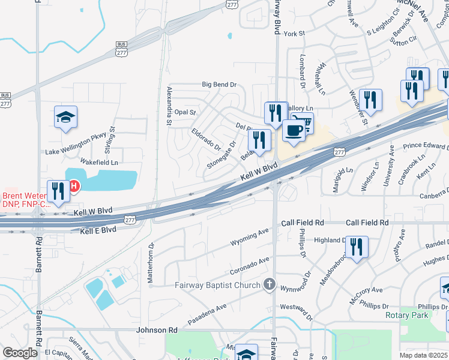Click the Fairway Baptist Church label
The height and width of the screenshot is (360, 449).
point(218,285)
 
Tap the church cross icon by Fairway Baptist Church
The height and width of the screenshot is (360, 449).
point(270,284)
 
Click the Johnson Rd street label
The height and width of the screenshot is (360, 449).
point(157,330)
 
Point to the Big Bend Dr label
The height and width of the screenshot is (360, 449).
point(219,85)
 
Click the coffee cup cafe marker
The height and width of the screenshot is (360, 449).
point(293,130)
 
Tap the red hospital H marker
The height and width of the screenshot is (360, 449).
point(74,187)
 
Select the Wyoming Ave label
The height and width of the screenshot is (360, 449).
point(250,238)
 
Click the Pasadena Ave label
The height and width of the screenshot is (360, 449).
point(206,314)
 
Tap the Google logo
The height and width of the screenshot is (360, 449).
point(20,353)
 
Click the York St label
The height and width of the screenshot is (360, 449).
point(294,34)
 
